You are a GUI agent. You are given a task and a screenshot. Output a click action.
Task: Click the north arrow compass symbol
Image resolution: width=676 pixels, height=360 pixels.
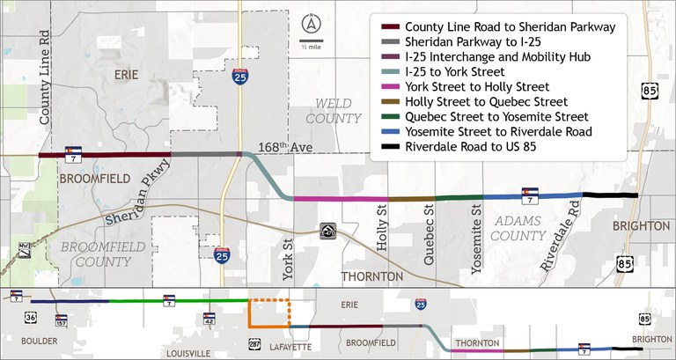point(309,24)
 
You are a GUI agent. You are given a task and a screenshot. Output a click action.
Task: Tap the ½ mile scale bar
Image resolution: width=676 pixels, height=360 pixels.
point(309,41)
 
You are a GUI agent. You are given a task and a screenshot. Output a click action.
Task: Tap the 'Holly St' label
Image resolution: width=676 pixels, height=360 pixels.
point(382,227)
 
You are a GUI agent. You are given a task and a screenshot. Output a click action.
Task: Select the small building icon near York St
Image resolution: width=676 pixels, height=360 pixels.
point(327,231)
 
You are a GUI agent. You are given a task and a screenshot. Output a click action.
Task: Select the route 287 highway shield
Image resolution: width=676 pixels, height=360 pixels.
point(254,340)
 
